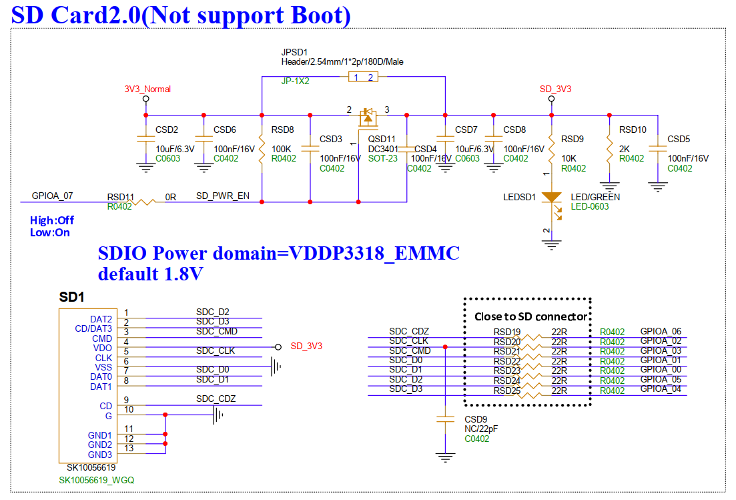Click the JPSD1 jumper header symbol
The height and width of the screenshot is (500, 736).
[363, 77]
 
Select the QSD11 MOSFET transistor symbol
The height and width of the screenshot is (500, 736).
[368, 118]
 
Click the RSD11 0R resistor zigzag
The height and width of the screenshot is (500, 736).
[144, 202]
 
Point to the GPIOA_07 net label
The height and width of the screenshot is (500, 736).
[52, 196]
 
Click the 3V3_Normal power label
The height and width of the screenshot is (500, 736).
[147, 89]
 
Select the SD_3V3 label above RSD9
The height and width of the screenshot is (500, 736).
[555, 89]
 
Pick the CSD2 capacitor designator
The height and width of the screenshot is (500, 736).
[167, 130]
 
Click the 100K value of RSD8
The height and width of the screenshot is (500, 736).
[281, 149]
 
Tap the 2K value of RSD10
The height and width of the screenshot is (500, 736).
[625, 149]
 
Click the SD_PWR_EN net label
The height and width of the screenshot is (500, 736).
[222, 196]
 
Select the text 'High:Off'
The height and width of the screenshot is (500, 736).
[51, 220]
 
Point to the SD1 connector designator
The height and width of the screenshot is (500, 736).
[71, 296]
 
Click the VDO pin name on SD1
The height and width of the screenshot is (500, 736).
[102, 348]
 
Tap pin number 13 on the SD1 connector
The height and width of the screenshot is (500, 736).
[129, 448]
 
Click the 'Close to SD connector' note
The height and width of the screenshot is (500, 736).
[531, 316]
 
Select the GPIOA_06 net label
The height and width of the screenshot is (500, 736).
[661, 331]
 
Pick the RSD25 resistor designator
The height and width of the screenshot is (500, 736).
[507, 391]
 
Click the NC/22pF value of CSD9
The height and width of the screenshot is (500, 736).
[481, 429]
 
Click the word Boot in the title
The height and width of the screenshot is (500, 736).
[317, 15]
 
